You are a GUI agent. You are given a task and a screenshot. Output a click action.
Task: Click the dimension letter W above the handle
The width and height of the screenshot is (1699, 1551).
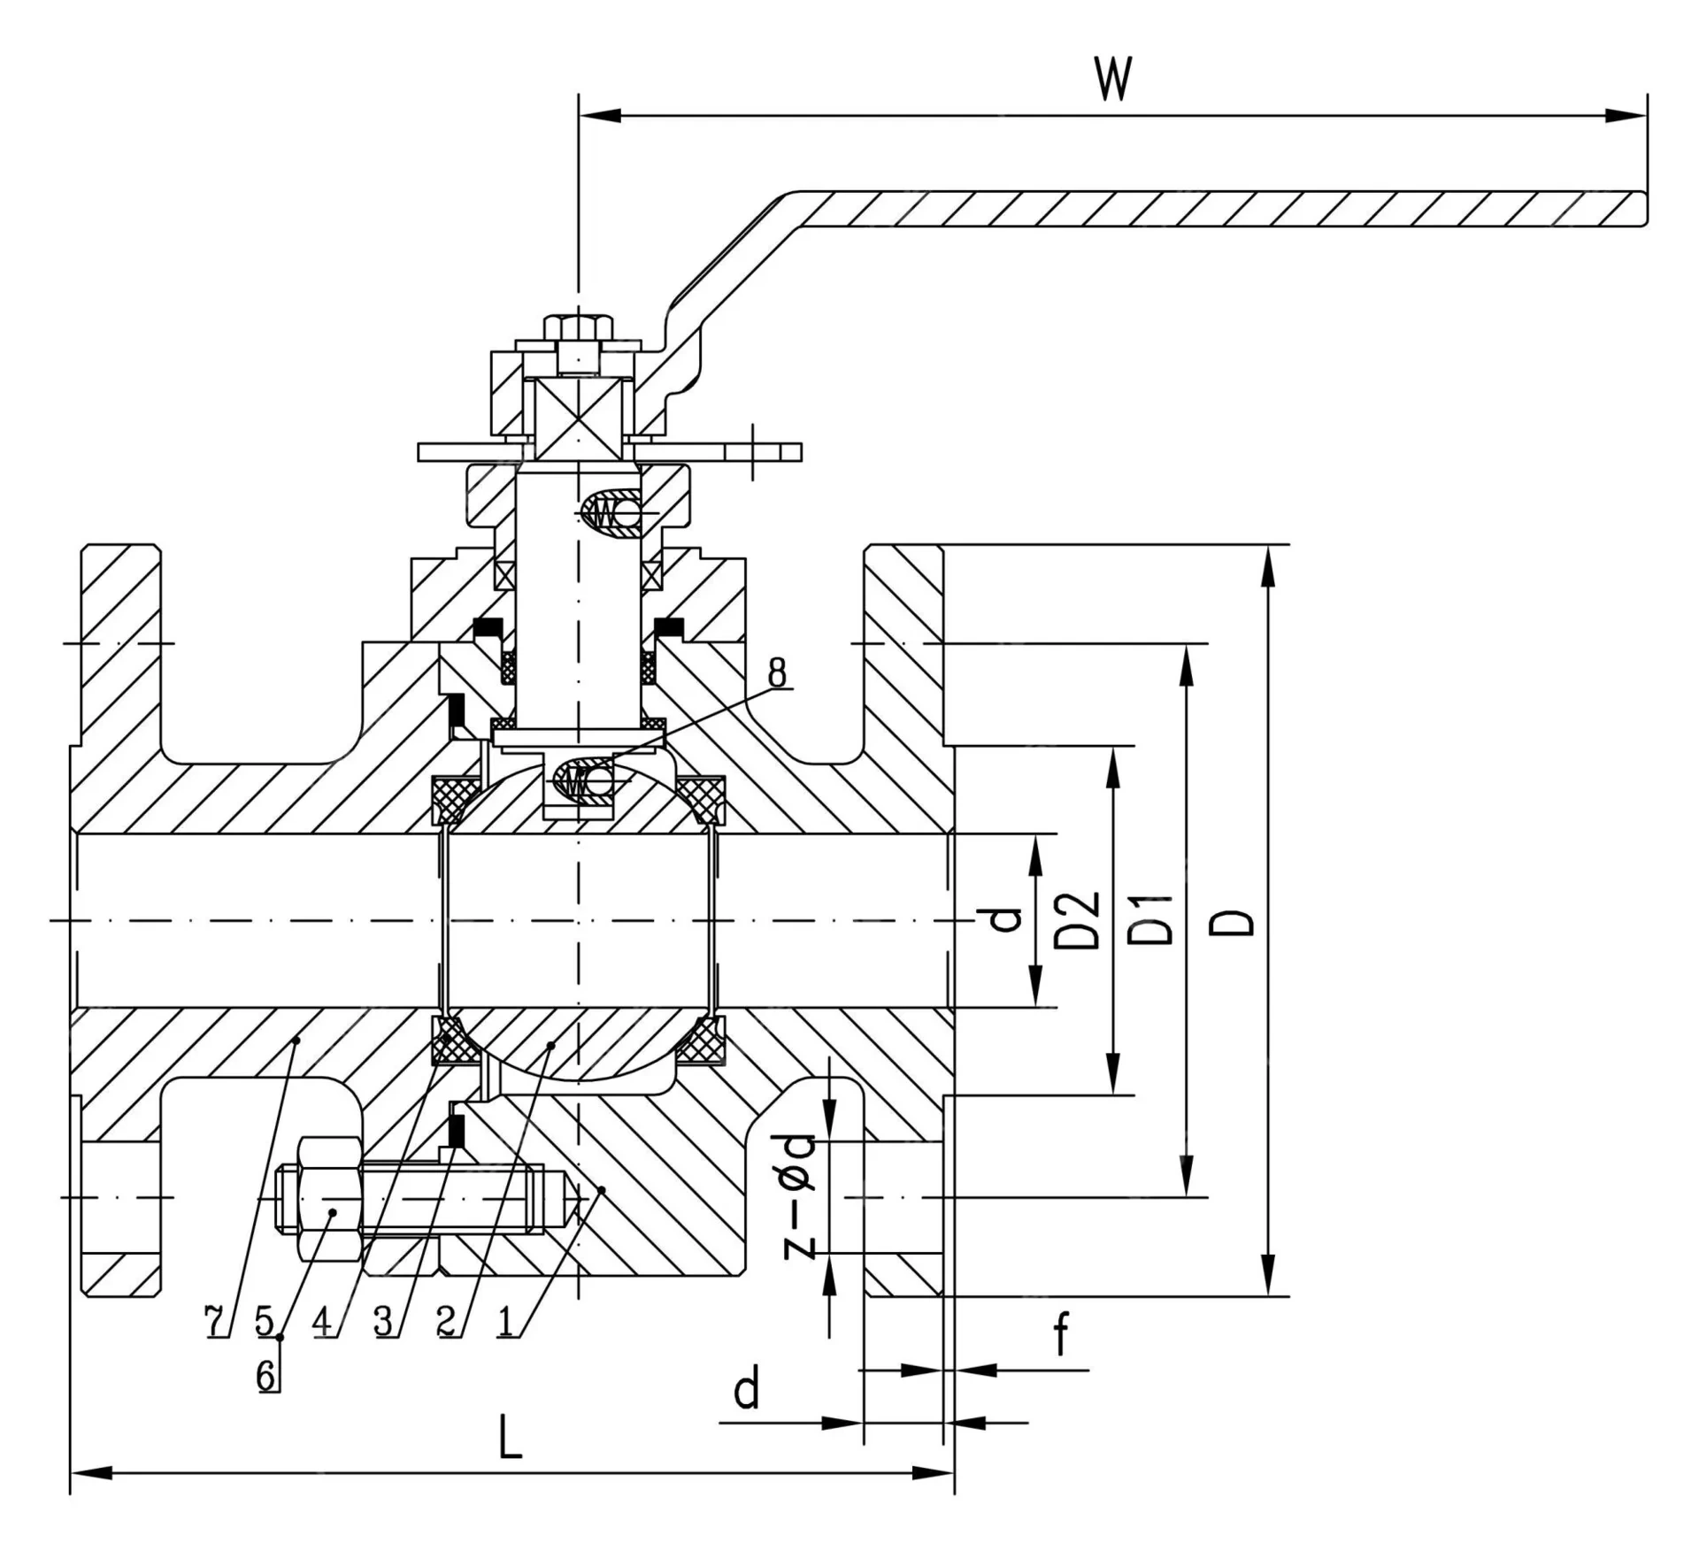1113,80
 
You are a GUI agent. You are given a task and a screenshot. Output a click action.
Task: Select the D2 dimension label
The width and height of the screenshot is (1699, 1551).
1079,920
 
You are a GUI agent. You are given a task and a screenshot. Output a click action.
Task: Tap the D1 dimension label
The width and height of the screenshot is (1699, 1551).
1153,920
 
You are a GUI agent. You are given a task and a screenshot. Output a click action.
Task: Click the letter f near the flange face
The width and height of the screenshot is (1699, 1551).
1062,1336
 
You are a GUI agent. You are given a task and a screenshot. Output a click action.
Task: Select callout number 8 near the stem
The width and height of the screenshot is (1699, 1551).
776,673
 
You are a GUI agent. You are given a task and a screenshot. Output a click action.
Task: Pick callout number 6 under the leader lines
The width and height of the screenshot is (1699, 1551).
268,1377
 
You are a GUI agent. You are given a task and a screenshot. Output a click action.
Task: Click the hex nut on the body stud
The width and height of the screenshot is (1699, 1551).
330,1199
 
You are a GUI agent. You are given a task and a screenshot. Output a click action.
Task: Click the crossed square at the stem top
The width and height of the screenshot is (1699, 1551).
578,418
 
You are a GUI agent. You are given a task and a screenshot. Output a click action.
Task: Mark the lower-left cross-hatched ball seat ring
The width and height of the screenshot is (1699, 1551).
451,1040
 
